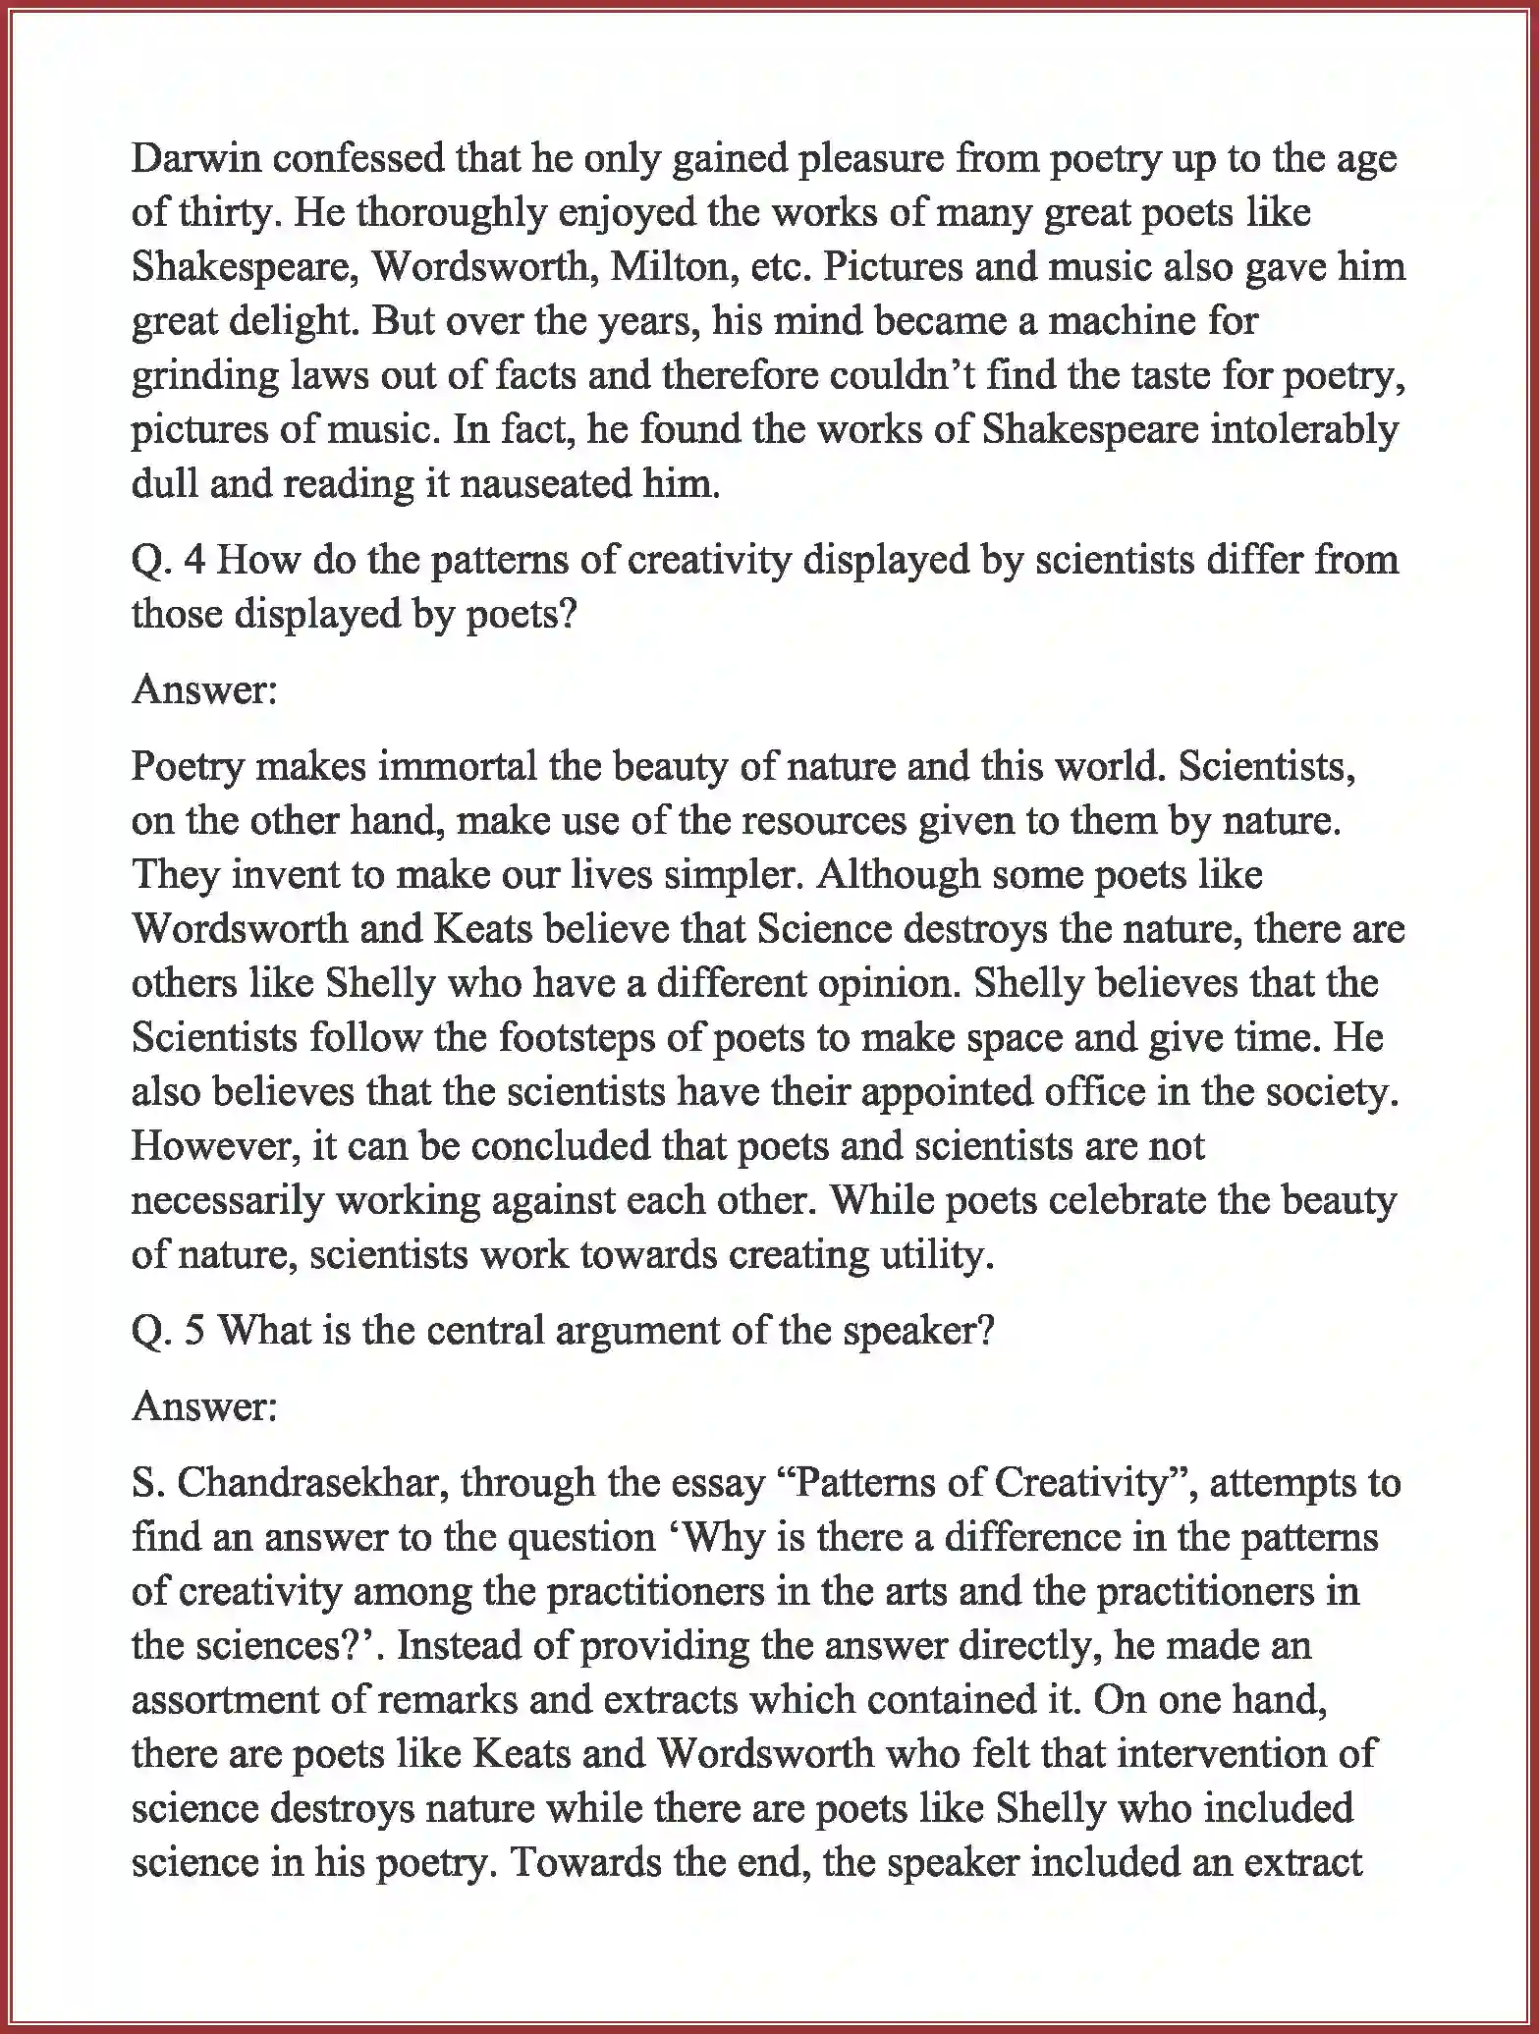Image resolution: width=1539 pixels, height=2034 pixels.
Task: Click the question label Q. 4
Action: [168, 561]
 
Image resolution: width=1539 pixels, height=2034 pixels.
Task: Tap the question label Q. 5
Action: [168, 1331]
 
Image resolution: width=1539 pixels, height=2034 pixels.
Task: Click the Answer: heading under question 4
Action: [204, 689]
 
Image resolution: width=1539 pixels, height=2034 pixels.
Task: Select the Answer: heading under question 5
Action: [204, 1406]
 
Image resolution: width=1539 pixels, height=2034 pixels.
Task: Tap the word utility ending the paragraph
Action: [942, 1254]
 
